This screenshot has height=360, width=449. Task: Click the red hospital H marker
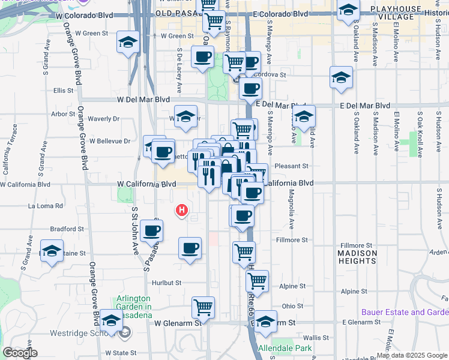pyautogui.click(x=182, y=210)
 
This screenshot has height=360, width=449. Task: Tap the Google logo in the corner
pyautogui.click(x=20, y=353)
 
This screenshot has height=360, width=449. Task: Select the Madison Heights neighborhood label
pyautogui.click(x=357, y=257)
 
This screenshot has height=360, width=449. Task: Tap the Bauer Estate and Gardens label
pyautogui.click(x=405, y=312)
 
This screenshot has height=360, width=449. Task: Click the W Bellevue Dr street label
pyautogui.click(x=110, y=142)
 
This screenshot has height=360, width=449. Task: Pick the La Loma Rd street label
pyautogui.click(x=46, y=206)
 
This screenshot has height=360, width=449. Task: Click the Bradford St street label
pyautogui.click(x=67, y=229)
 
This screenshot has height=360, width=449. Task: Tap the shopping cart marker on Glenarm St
pyautogui.click(x=203, y=307)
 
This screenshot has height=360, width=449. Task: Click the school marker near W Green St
pyautogui.click(x=127, y=42)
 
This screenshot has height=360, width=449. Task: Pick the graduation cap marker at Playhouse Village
pyautogui.click(x=348, y=11)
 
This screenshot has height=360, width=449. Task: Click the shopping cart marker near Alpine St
pyautogui.click(x=257, y=280)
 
